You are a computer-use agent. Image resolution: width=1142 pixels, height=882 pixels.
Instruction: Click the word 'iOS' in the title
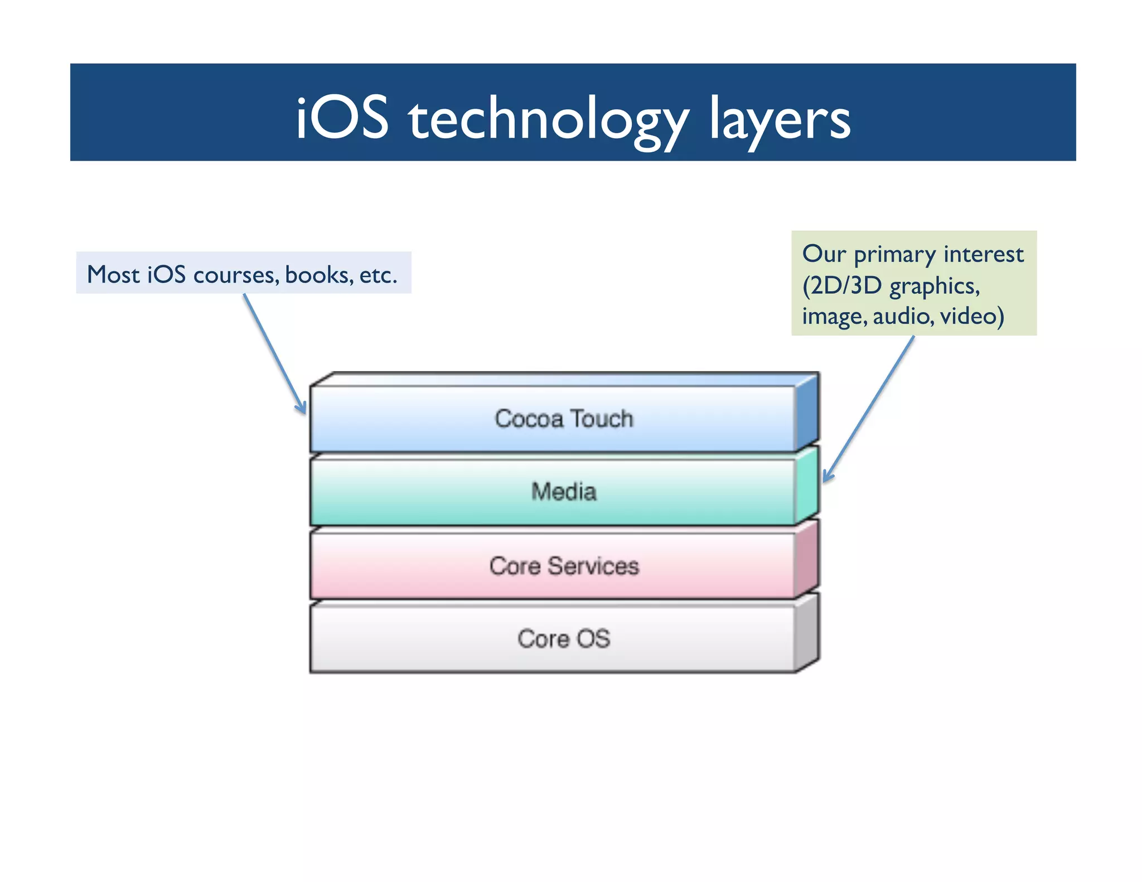[x=341, y=118]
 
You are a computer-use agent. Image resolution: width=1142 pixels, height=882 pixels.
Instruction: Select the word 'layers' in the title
[x=780, y=120]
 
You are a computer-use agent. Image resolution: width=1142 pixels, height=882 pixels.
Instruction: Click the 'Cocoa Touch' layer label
[x=564, y=419]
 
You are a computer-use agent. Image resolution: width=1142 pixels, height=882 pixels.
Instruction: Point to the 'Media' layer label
[x=564, y=492]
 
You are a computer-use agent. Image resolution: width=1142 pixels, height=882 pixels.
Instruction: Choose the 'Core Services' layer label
[x=564, y=566]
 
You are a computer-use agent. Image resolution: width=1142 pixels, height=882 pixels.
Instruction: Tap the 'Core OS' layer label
[x=564, y=639]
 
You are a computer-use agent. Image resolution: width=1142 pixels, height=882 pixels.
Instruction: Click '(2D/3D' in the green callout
[x=842, y=286]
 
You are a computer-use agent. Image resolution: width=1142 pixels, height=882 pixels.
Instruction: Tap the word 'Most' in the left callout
[x=113, y=275]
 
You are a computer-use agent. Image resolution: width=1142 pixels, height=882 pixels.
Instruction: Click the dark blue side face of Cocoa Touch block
[x=807, y=413]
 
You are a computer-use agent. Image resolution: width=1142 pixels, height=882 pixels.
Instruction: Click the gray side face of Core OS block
[x=807, y=632]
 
